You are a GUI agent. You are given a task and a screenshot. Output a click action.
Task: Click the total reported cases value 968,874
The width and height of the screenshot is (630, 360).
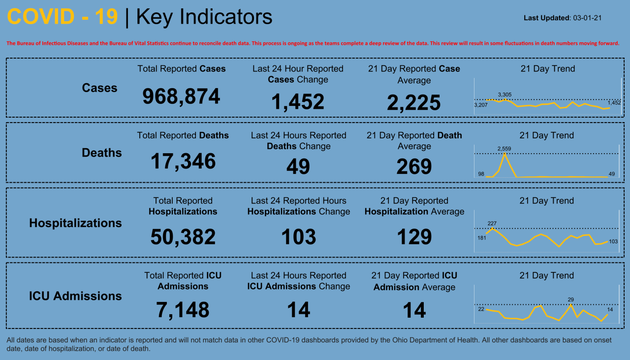click(181, 97)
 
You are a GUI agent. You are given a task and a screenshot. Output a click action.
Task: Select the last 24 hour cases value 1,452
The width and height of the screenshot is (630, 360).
click(298, 102)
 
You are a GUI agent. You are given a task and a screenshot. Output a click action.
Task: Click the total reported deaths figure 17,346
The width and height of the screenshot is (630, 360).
click(183, 162)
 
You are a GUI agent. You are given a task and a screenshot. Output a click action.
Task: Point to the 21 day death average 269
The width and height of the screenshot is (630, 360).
click(414, 167)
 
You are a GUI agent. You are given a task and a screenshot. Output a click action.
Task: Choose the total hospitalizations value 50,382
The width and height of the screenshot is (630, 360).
click(183, 237)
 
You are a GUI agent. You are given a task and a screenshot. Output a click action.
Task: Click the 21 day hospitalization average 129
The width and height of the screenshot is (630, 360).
click(414, 237)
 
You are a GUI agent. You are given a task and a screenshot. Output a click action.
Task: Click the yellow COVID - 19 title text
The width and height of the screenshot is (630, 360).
click(63, 17)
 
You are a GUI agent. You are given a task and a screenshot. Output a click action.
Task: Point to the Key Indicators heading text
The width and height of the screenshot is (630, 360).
click(204, 17)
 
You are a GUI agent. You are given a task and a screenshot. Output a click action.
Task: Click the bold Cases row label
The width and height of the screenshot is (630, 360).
click(99, 88)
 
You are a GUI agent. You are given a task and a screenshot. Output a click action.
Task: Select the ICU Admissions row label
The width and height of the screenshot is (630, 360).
click(75, 296)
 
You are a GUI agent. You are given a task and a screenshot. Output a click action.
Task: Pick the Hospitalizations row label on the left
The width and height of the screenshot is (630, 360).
click(75, 223)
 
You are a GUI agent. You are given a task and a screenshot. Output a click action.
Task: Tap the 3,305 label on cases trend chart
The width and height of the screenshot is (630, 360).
click(504, 94)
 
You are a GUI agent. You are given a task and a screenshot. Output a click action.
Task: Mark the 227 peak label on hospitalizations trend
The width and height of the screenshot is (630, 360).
click(492, 223)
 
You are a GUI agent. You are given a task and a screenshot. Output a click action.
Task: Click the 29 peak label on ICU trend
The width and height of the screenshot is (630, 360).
click(570, 299)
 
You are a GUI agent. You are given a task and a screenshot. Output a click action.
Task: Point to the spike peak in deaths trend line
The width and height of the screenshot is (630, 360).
click(504, 154)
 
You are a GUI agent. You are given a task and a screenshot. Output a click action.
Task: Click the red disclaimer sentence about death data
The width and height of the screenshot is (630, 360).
click(313, 43)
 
